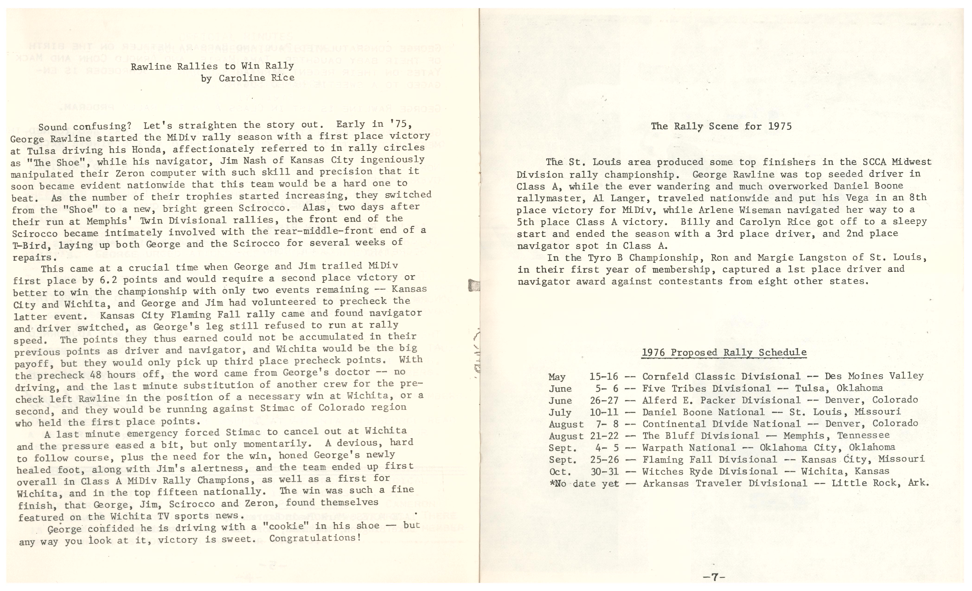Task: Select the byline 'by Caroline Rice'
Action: click(x=247, y=78)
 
